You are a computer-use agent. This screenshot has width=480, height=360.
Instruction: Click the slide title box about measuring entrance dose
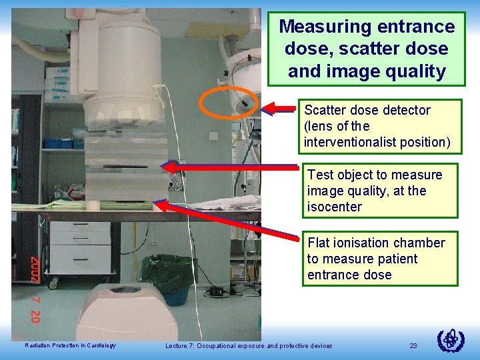(366, 49)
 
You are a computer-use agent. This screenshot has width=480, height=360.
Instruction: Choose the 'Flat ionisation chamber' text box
(380, 258)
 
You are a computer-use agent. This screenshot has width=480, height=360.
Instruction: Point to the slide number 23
(413, 345)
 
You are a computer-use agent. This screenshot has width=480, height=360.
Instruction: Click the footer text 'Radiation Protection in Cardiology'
(70, 345)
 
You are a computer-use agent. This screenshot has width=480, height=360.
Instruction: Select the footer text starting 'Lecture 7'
(248, 345)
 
